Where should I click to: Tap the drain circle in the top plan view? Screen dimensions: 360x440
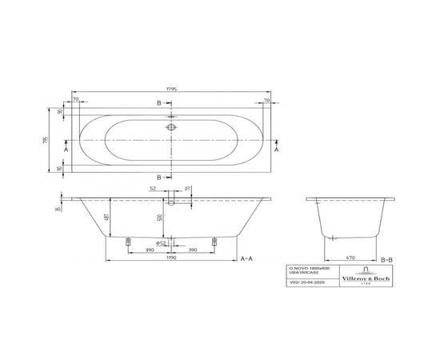[170, 127]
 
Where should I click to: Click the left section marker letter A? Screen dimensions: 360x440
[66, 150]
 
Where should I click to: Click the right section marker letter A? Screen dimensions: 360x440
[277, 150]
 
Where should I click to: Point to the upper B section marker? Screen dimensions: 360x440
[158, 104]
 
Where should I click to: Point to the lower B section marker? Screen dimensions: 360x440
[158, 177]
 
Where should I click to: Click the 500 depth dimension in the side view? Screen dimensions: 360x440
[160, 218]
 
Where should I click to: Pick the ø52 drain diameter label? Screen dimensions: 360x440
[160, 242]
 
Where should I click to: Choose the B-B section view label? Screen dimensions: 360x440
[386, 260]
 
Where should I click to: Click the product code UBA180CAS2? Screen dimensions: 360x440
[304, 276]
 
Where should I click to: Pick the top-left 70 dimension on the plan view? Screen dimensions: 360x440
[74, 102]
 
